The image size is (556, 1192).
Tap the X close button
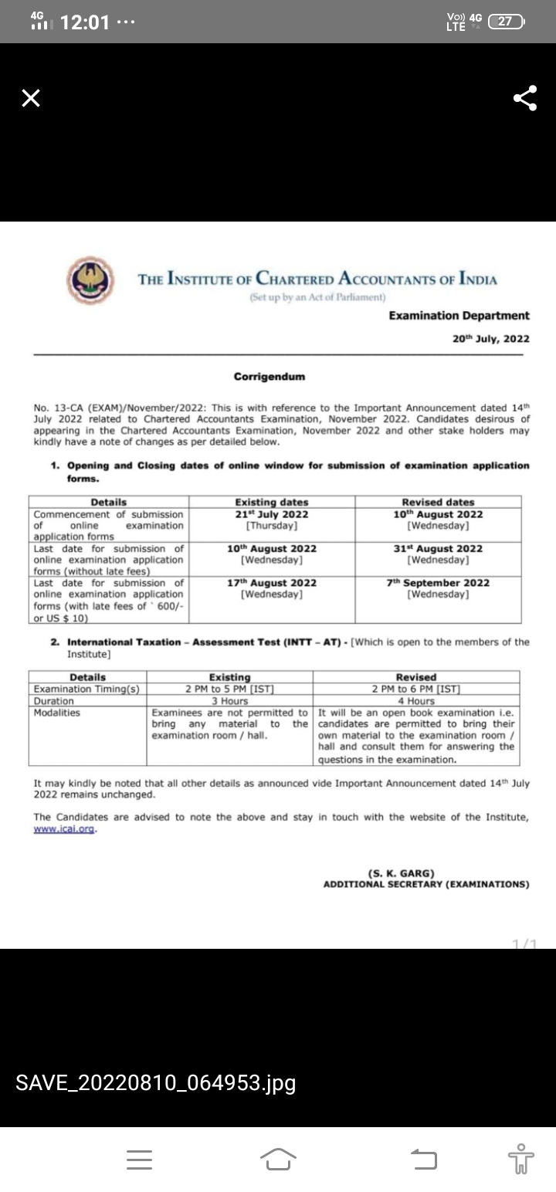(30, 98)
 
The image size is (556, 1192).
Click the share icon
(525, 98)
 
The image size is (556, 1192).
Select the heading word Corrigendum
(270, 377)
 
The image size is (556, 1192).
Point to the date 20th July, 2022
(490, 338)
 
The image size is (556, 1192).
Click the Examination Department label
(459, 316)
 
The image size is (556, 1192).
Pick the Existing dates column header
(271, 503)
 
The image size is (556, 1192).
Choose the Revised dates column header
(438, 503)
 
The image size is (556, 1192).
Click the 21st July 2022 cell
(271, 514)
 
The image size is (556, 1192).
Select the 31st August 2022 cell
(438, 549)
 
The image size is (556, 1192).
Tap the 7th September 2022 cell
(438, 583)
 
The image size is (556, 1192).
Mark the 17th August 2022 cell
(271, 583)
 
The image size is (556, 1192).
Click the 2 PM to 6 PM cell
(415, 689)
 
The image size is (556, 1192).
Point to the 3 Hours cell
(229, 701)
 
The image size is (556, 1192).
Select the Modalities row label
(57, 713)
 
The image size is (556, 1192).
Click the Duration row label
(54, 701)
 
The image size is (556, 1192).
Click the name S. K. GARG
(402, 874)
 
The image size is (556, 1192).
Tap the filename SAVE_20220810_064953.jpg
(156, 1083)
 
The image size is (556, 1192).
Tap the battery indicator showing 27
(507, 22)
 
